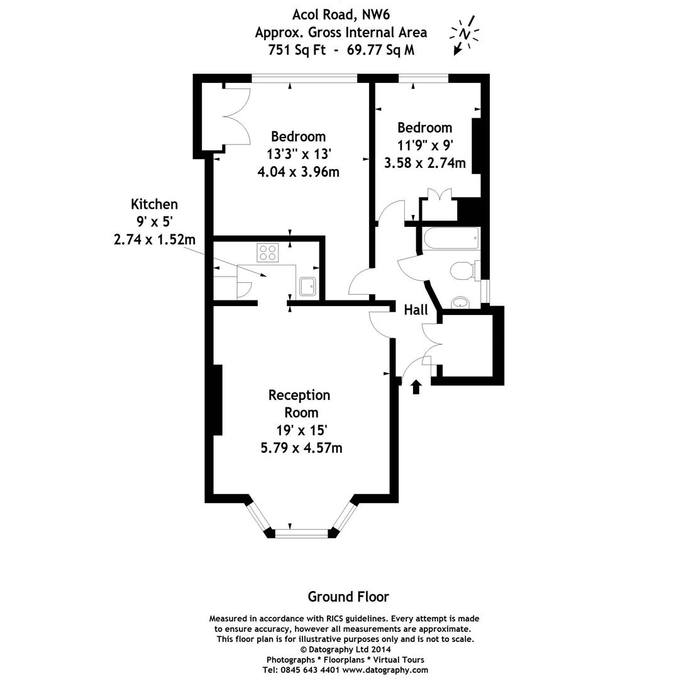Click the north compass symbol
(464, 34)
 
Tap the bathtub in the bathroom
(451, 240)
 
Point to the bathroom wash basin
(461, 302)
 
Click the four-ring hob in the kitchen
(267, 253)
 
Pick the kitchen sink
(308, 286)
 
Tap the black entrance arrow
(416, 386)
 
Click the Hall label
(416, 309)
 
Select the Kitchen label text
(154, 204)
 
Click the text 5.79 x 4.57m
(301, 448)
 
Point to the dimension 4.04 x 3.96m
(298, 171)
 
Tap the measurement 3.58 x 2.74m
(425, 163)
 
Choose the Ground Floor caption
(348, 596)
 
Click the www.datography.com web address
(385, 670)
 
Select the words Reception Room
(299, 404)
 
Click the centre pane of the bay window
(302, 533)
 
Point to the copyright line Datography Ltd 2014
(345, 649)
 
